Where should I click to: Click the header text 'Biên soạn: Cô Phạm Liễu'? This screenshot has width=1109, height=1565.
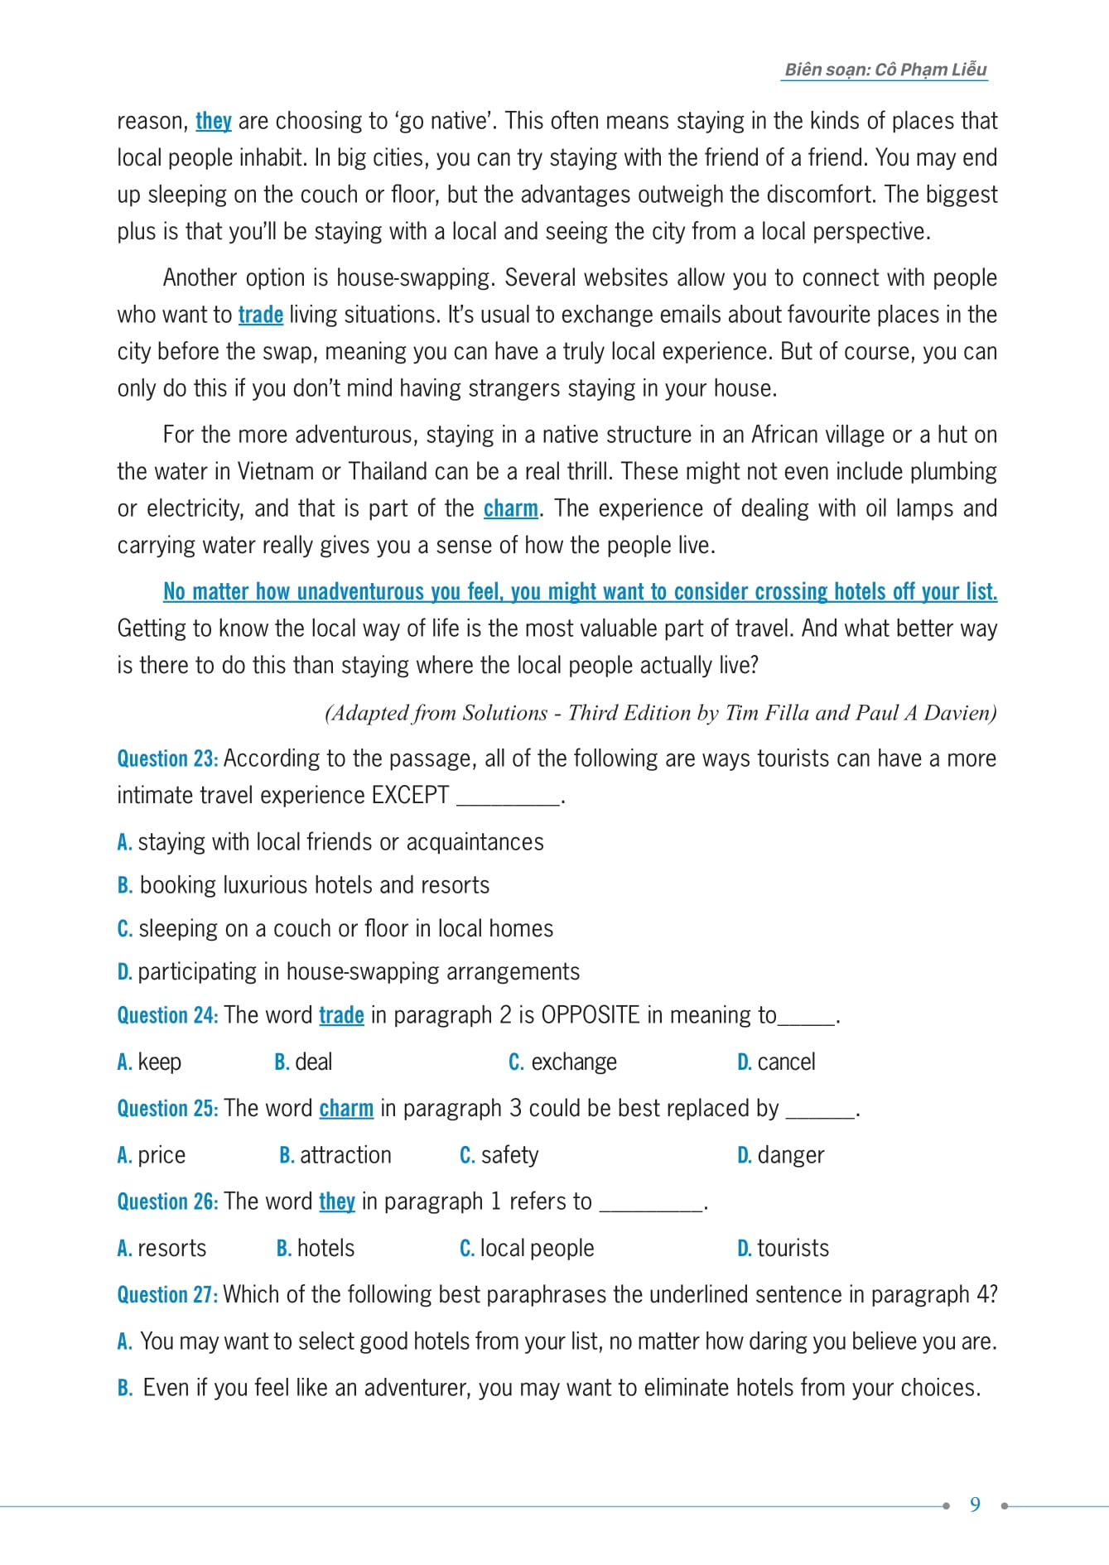click(885, 70)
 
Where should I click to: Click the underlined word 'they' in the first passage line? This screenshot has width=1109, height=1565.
click(213, 121)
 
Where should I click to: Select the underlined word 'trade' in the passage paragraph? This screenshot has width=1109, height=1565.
click(260, 315)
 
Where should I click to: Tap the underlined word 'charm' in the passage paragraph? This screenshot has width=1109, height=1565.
click(510, 508)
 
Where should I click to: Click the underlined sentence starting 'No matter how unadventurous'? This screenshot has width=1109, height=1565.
click(580, 591)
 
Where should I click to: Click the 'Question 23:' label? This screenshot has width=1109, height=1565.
click(167, 758)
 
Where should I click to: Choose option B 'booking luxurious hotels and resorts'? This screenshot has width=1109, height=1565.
click(314, 885)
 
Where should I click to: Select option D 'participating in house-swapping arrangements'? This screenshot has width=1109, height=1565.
click(358, 971)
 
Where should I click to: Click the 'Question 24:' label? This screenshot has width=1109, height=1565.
click(167, 1015)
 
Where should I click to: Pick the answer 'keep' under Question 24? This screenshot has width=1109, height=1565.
click(159, 1062)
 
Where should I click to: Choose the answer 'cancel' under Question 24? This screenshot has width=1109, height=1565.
click(785, 1062)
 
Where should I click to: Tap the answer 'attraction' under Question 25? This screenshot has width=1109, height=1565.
click(345, 1154)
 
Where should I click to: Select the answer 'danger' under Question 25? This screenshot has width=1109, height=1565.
click(790, 1154)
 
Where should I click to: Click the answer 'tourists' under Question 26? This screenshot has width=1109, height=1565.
click(793, 1248)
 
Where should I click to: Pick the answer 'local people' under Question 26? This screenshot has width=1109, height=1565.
click(537, 1248)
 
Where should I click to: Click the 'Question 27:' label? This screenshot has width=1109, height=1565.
click(167, 1294)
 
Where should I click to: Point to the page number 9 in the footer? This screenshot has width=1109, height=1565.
click(975, 1505)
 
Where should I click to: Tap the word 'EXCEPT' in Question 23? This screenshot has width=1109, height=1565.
click(410, 795)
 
